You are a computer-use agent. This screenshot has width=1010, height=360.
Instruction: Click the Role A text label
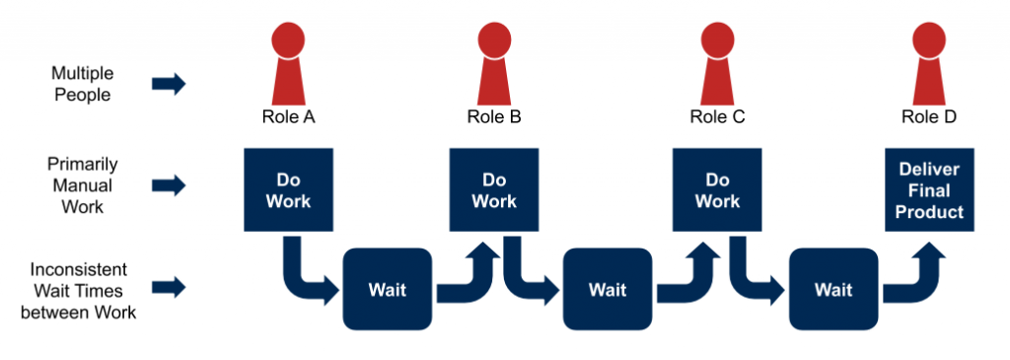(x=288, y=117)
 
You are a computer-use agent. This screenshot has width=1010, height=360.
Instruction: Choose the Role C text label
(x=717, y=117)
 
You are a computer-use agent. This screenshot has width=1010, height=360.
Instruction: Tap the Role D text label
(x=928, y=117)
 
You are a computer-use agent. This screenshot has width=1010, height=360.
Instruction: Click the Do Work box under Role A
(x=288, y=190)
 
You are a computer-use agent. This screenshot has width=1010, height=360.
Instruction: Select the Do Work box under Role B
(x=494, y=190)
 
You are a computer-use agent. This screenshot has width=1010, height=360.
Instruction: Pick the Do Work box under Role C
(x=717, y=190)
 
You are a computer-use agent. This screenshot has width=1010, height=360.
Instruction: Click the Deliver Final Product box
(x=929, y=190)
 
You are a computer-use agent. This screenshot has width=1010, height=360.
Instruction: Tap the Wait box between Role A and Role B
(x=388, y=289)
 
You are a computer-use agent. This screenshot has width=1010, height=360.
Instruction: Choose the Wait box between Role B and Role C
(x=608, y=289)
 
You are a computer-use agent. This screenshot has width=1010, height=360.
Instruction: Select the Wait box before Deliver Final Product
(x=833, y=289)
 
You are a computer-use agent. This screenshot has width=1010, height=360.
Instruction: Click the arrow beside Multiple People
(x=169, y=84)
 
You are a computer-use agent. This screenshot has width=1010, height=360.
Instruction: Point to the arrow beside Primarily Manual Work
(x=169, y=184)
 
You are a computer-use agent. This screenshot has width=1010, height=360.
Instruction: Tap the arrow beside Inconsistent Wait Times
(x=169, y=287)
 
